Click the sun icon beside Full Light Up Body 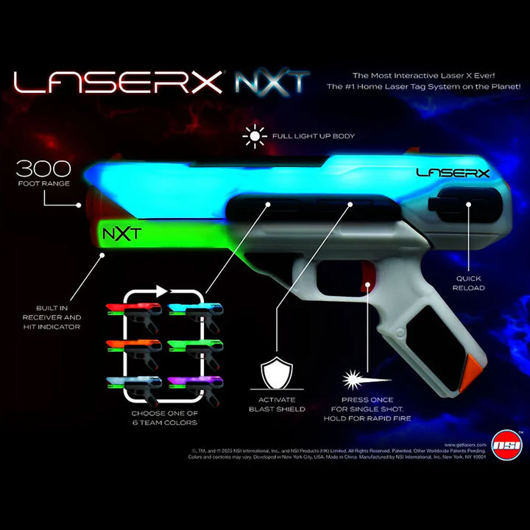[256, 135]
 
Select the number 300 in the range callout [45, 168]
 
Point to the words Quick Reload [468, 283]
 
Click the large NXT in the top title [272, 82]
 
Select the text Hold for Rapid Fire [367, 418]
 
